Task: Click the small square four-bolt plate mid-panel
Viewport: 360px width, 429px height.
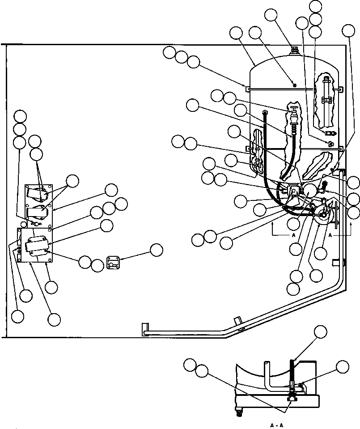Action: point(114,263)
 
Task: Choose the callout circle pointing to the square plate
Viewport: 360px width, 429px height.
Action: point(156,250)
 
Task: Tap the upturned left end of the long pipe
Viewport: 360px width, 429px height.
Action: point(144,329)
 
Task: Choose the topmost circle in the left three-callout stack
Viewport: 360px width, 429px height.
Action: point(20,116)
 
